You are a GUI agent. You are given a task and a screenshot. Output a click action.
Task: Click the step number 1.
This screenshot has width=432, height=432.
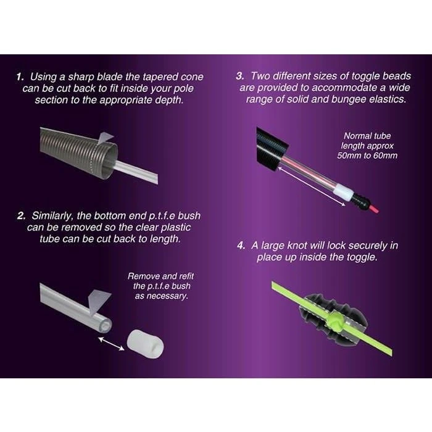[20, 77]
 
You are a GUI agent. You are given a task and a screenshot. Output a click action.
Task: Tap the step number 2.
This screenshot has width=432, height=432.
[21, 216]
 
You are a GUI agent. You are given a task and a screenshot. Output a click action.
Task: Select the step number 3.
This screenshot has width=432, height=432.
[240, 77]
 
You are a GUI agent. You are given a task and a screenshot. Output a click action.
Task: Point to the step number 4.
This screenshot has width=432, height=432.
[241, 246]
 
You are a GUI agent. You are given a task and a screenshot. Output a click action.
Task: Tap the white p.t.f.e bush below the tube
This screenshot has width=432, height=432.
[145, 344]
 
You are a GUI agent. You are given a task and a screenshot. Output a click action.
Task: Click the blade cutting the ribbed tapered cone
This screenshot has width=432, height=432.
[105, 139]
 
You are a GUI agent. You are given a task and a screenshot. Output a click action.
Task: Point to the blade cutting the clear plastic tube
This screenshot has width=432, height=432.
[99, 302]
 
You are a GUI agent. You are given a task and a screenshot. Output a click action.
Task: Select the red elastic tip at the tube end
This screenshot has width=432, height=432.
[374, 209]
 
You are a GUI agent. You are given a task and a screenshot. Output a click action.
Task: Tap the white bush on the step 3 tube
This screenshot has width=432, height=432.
[343, 191]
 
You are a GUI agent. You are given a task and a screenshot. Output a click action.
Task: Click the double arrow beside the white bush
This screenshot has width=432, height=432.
[111, 344]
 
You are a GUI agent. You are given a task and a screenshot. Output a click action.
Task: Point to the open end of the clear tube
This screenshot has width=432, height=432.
[106, 324]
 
